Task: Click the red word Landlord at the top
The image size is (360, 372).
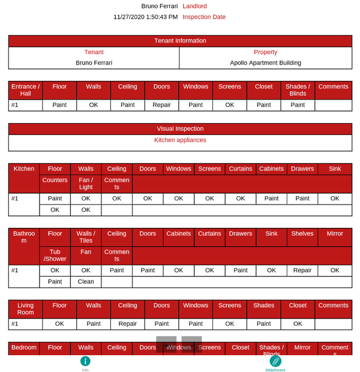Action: [x=194, y=6]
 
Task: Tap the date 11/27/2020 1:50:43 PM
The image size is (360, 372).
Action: [x=145, y=17]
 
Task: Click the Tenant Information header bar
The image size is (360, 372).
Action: [x=180, y=41]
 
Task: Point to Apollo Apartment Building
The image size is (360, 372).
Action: [x=265, y=62]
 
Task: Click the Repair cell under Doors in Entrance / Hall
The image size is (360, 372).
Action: [x=161, y=105]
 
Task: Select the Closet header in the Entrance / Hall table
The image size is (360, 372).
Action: [x=263, y=87]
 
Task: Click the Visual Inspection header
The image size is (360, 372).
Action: [x=180, y=128]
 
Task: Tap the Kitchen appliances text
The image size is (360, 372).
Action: [x=180, y=140]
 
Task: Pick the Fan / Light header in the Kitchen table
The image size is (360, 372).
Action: [x=86, y=184]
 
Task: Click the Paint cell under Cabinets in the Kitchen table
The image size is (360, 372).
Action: [x=271, y=199]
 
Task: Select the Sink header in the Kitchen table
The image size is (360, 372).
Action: [x=334, y=169]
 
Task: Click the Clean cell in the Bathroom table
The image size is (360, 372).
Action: [x=86, y=281]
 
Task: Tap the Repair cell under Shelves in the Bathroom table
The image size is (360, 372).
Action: [x=302, y=271]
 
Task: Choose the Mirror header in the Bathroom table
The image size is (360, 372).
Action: [x=334, y=234]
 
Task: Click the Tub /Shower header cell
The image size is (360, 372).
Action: [x=55, y=256]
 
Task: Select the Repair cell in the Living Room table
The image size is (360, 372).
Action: [x=127, y=323]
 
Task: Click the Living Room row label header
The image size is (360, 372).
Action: [x=25, y=309]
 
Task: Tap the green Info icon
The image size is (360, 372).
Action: [x=85, y=361]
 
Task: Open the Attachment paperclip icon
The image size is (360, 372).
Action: [x=275, y=361]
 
